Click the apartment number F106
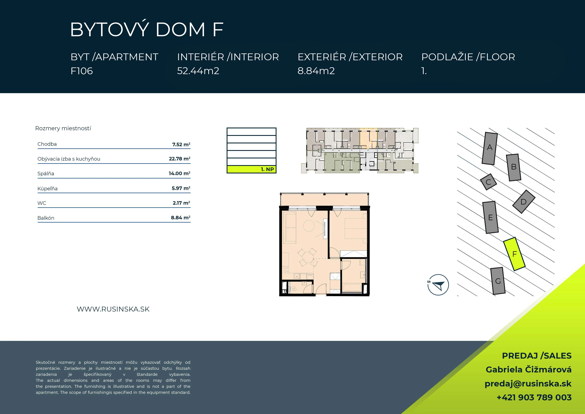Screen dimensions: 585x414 pos(82,71)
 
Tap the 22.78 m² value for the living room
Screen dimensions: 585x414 pos(180,159)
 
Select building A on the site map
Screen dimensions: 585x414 pos(489,148)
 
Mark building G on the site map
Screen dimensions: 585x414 pos(498,281)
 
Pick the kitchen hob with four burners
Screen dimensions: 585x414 pos(286,270)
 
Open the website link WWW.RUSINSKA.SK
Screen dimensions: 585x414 pos(113,309)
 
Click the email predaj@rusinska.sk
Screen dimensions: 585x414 pos(528,384)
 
